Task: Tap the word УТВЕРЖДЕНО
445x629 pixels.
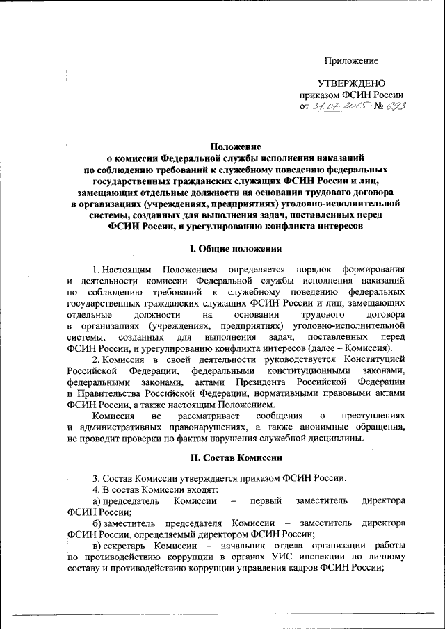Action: [352, 83]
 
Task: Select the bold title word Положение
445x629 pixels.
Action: [236, 147]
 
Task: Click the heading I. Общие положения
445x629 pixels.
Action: [236, 248]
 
